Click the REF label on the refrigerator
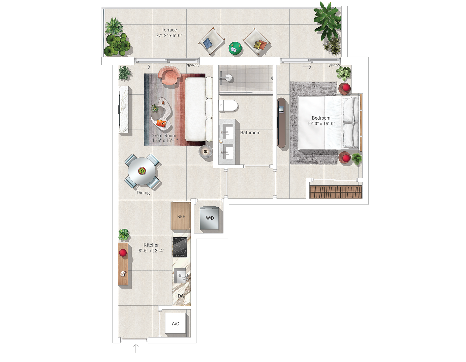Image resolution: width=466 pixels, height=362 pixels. click(181, 216)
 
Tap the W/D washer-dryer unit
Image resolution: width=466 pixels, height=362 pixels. click(209, 218)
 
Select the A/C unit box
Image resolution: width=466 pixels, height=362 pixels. click(175, 323)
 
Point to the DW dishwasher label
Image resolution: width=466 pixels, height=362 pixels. click(181, 296)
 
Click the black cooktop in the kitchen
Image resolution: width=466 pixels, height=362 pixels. click(180, 247)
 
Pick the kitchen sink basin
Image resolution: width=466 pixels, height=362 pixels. click(180, 276)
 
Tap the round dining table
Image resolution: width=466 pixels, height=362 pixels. click(142, 171)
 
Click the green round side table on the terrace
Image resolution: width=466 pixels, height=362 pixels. click(235, 49)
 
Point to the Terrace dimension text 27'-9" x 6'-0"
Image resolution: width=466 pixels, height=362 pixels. click(169, 35)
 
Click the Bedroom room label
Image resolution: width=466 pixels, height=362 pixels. click(321, 118)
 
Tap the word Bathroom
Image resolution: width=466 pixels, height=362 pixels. click(250, 132)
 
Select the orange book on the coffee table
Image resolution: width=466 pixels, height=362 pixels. click(161, 123)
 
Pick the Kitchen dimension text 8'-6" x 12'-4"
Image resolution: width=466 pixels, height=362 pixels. click(151, 250)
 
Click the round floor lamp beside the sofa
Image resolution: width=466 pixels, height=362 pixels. click(205, 152)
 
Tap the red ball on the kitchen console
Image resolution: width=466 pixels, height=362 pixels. click(123, 253)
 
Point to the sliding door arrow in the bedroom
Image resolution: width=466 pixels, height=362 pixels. click(307, 67)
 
